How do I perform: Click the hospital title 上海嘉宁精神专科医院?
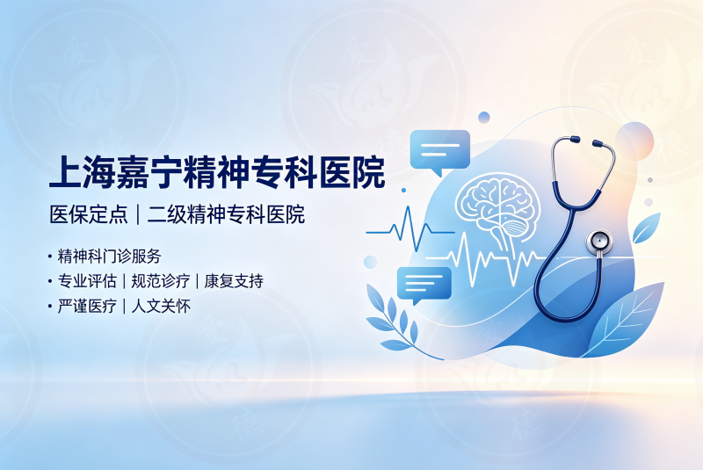coord(217,171)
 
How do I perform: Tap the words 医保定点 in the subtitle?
coord(89,214)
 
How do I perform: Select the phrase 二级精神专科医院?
coord(226,214)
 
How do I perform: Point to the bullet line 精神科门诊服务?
coord(109,257)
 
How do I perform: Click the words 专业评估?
coord(87,281)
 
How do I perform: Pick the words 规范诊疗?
coord(161,281)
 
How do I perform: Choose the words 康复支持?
coord(234,281)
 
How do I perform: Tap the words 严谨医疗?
coord(87,307)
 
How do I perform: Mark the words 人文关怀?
coord(161,307)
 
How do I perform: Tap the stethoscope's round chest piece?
coord(599,242)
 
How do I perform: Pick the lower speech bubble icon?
coord(424,285)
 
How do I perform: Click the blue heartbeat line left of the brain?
coord(409,232)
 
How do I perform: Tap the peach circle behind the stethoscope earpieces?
coord(634,141)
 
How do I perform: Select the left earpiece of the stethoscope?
coord(575,140)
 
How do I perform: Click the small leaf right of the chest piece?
coord(646,228)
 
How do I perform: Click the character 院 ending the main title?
coord(368,171)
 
